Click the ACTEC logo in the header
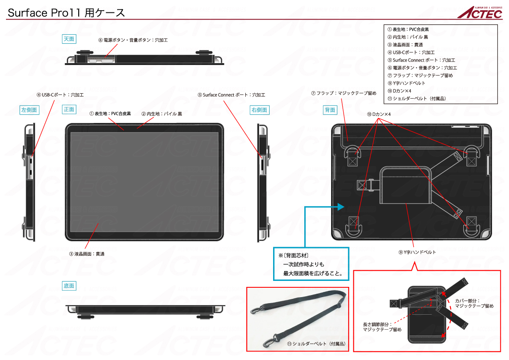pyautogui.click(x=480, y=12)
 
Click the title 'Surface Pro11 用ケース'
pyautogui.click(x=66, y=13)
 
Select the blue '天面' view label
pyautogui.click(x=69, y=39)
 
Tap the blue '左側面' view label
pyautogui.click(x=29, y=110)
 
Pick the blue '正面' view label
pyautogui.click(x=69, y=109)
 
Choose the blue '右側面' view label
pyautogui.click(x=260, y=110)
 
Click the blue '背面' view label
pyautogui.click(x=330, y=110)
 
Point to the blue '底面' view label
pyautogui.click(x=69, y=286)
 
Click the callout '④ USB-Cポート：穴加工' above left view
pyautogui.click(x=60, y=95)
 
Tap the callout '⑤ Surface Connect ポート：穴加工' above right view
pyautogui.click(x=232, y=95)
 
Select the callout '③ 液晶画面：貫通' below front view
pyautogui.click(x=87, y=254)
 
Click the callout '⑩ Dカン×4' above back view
pyautogui.click(x=379, y=114)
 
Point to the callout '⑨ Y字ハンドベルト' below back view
pyautogui.click(x=417, y=252)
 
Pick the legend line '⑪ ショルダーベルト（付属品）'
pyautogui.click(x=417, y=98)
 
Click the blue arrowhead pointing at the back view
pyautogui.click(x=341, y=207)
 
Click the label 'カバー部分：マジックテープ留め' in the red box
pyautogui.click(x=474, y=303)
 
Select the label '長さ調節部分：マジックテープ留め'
pyautogui.click(x=382, y=327)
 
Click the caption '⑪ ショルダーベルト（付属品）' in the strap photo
pyautogui.click(x=317, y=344)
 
